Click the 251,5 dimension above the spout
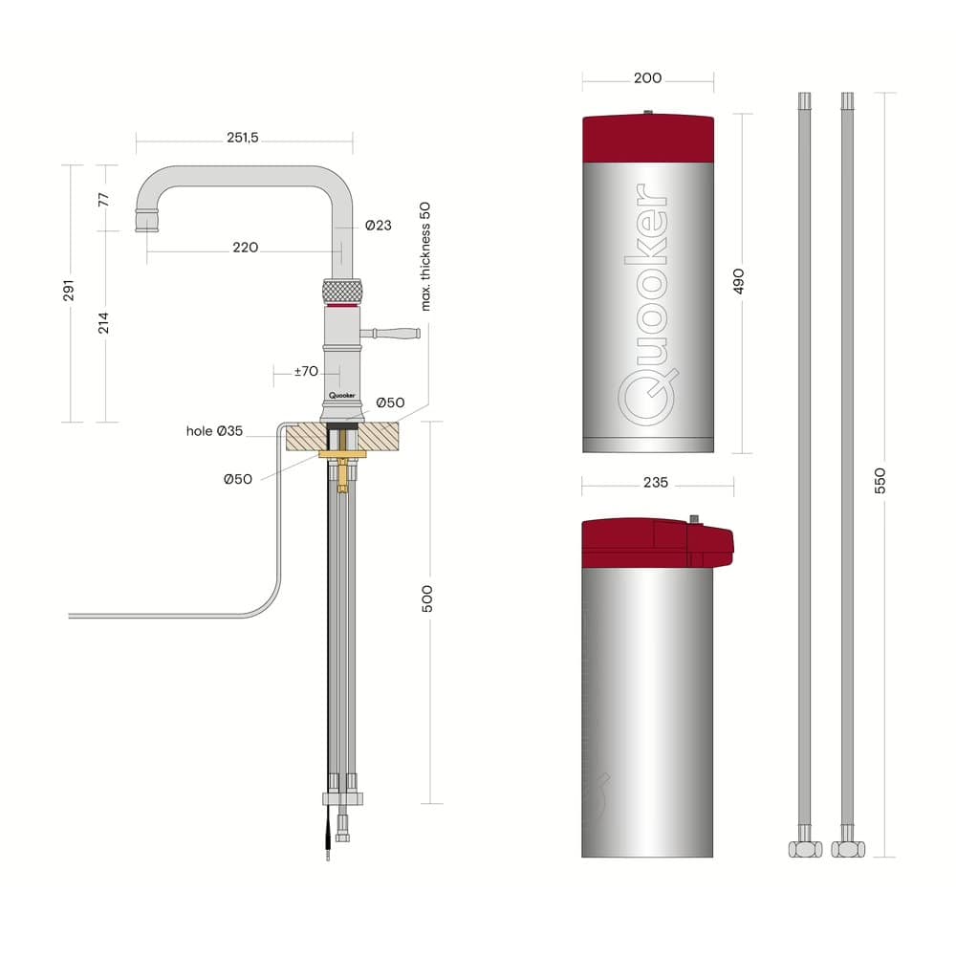click(x=243, y=138)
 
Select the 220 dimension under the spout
click(x=245, y=248)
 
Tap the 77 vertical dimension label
click(x=103, y=200)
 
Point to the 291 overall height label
click(x=68, y=291)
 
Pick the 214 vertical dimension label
click(x=103, y=323)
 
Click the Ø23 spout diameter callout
click(x=378, y=226)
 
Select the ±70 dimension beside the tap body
click(x=306, y=371)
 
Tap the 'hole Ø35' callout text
click(x=214, y=431)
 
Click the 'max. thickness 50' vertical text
click(x=425, y=256)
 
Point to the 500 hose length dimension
click(x=427, y=598)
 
